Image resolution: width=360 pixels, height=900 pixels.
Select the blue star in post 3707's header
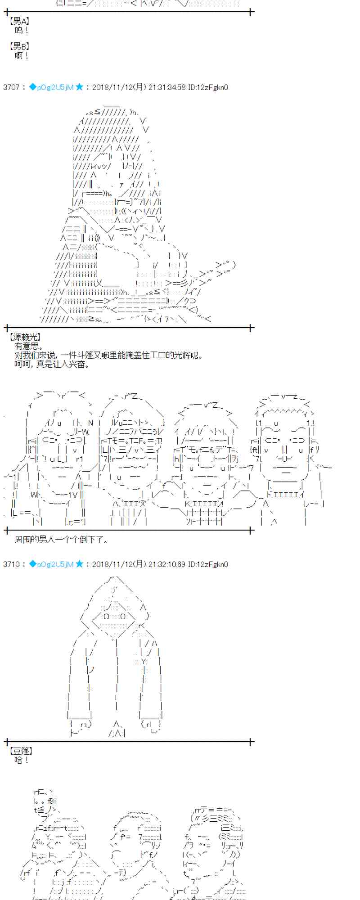79,87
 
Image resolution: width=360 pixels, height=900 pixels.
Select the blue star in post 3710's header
79,564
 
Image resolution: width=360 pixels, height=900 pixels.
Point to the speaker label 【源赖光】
25,337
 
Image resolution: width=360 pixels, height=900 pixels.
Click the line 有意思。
29,346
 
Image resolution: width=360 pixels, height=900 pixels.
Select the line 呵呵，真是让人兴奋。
52,364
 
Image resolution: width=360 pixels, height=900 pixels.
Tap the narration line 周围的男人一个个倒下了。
61,539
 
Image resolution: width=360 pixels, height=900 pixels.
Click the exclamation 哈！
22,760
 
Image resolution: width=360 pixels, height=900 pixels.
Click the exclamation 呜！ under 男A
22,31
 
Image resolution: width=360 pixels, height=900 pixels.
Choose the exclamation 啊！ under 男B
22,55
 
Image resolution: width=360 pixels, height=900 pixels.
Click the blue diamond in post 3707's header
32,87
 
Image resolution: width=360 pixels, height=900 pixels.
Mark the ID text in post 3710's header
208,564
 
